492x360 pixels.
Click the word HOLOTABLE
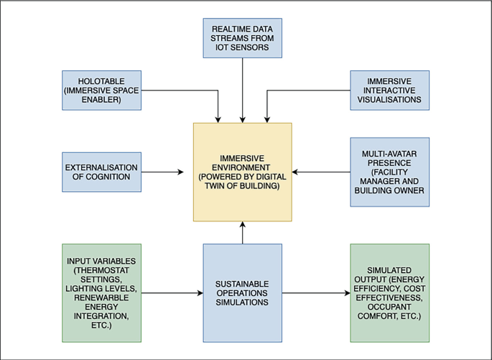pyautogui.click(x=101, y=81)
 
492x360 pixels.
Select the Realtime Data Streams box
pyautogui.click(x=243, y=38)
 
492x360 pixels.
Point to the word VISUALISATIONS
pyautogui.click(x=389, y=99)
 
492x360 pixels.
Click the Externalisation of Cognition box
pyautogui.click(x=102, y=172)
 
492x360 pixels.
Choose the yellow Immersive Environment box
pyautogui.click(x=243, y=172)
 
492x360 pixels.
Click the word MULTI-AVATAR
pyautogui.click(x=389, y=154)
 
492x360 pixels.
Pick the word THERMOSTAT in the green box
pyautogui.click(x=103, y=270)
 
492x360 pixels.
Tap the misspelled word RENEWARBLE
pyautogui.click(x=101, y=297)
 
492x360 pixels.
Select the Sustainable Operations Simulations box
pyautogui.click(x=243, y=293)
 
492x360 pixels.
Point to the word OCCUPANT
pyautogui.click(x=389, y=307)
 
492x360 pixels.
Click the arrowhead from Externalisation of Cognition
pyautogui.click(x=181, y=172)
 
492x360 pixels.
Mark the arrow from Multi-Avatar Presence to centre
pyautogui.click(x=321, y=172)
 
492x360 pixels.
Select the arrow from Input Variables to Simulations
pyautogui.click(x=172, y=293)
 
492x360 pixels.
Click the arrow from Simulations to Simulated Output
pyautogui.click(x=316, y=293)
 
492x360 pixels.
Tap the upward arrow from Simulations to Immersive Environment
pyautogui.click(x=243, y=233)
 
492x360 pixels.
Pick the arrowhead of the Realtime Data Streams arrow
pyautogui.click(x=243, y=119)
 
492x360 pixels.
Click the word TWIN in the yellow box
pyautogui.click(x=214, y=186)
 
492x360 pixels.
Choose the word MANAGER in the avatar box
pyautogui.click(x=389, y=181)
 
